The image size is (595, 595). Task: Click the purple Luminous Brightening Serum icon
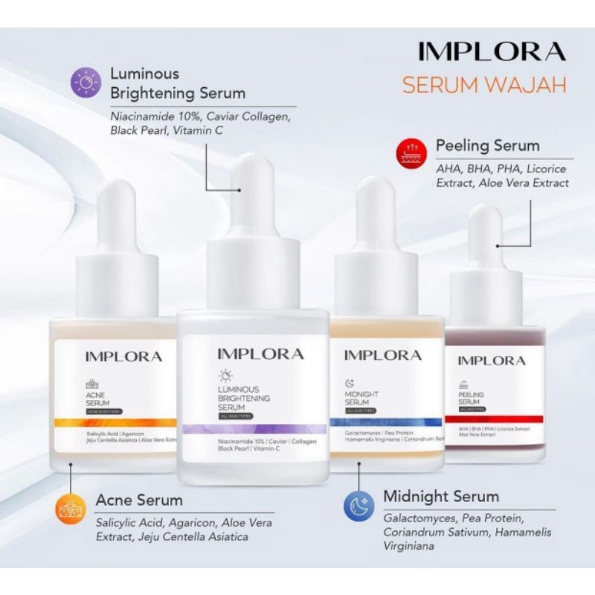pyautogui.click(x=86, y=82)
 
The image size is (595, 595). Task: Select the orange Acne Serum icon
pyautogui.click(x=71, y=509)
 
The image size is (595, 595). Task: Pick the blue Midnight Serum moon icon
pyautogui.click(x=358, y=506)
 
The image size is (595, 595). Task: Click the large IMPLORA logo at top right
pyautogui.click(x=492, y=51)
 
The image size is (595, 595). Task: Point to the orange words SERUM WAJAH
pyautogui.click(x=484, y=84)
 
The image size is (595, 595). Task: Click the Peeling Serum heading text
pyautogui.click(x=487, y=145)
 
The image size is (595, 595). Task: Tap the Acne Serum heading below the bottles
pyautogui.click(x=139, y=499)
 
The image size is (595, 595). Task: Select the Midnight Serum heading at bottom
pyautogui.click(x=441, y=496)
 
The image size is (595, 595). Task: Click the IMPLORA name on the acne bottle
pyautogui.click(x=123, y=356)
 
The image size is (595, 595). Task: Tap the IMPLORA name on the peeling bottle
pyautogui.click(x=491, y=361)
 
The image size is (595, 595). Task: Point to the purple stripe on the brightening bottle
pyautogui.click(x=253, y=428)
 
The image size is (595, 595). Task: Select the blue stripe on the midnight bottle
pyautogui.click(x=386, y=422)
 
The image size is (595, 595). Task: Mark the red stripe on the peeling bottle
pyautogui.click(x=494, y=419)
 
